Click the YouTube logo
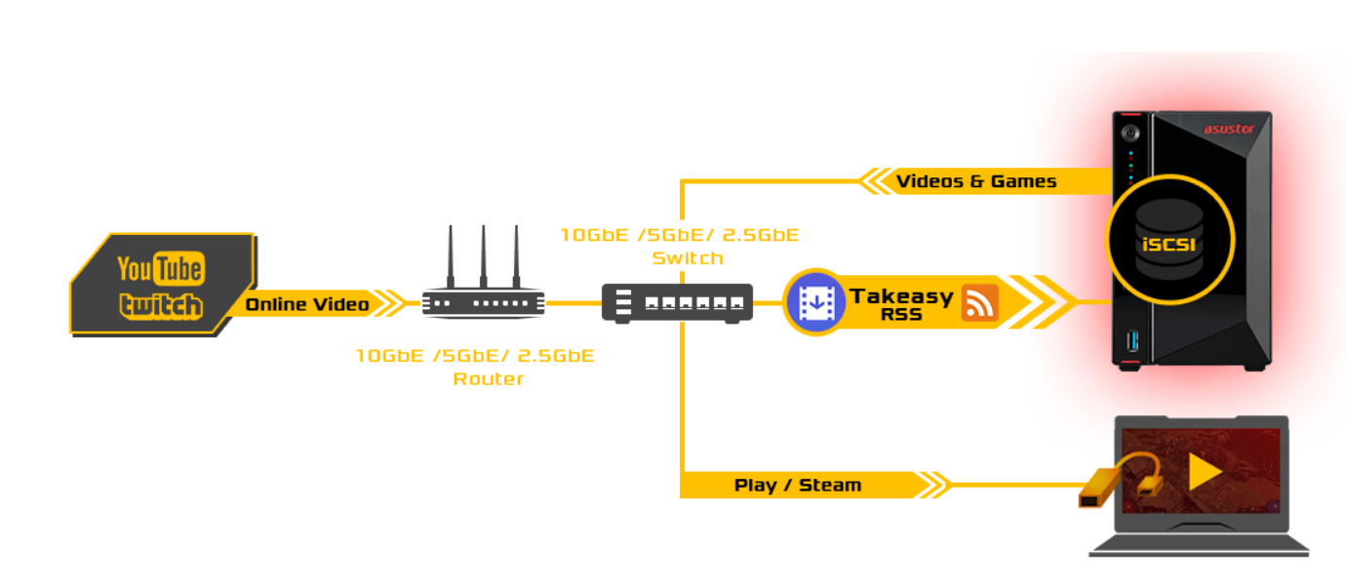pyautogui.click(x=160, y=268)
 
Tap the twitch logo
pyautogui.click(x=161, y=305)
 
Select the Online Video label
pyautogui.click(x=307, y=305)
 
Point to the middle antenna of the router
pyautogui.click(x=483, y=255)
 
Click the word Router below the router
pyautogui.click(x=488, y=379)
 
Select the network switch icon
pyautogui.click(x=677, y=302)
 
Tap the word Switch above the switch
pyautogui.click(x=688, y=258)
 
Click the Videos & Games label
pyautogui.click(x=975, y=181)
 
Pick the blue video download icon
pyautogui.click(x=813, y=302)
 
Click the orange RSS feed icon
pyautogui.click(x=980, y=302)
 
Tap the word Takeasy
pyautogui.click(x=900, y=295)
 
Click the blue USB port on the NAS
pyautogui.click(x=1131, y=340)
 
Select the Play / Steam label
pyautogui.click(x=797, y=485)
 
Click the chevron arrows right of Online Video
pyautogui.click(x=390, y=304)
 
